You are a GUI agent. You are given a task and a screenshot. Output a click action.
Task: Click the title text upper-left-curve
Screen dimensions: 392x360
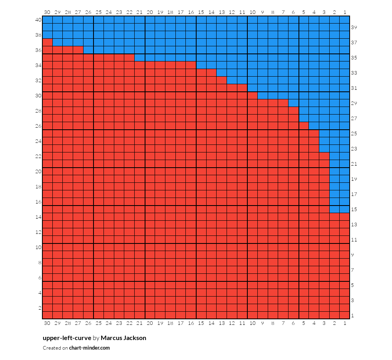[x=67, y=338]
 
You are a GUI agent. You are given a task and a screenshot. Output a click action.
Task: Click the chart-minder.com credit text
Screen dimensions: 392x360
[x=90, y=348]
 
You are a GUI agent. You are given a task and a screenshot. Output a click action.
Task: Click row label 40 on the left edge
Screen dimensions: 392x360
[x=38, y=20]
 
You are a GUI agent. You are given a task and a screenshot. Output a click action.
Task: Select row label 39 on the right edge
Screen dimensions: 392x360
[x=354, y=28]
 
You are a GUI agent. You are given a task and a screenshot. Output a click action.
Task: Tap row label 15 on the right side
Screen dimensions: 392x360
[x=354, y=210]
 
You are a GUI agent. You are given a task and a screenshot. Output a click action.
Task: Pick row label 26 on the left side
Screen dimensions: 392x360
[x=38, y=126]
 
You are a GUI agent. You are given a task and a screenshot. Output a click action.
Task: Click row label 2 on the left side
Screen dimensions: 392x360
[x=40, y=308]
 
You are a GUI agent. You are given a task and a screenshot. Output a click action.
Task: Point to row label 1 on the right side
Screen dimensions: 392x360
[x=352, y=316]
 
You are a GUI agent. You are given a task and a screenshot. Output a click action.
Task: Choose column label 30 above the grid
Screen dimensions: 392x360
[x=47, y=12]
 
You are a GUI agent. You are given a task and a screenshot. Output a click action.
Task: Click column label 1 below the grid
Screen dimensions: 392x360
[x=345, y=323]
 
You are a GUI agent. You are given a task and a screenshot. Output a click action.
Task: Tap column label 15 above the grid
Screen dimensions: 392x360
[x=201, y=12]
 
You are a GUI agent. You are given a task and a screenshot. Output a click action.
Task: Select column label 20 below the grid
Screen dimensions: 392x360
[x=150, y=323]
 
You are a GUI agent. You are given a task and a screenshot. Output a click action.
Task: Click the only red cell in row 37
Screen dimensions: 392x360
[x=48, y=42]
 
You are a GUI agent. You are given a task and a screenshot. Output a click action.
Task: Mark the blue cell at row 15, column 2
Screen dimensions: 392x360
[x=334, y=209]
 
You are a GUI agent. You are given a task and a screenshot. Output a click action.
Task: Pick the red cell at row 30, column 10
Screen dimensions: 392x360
[x=252, y=96]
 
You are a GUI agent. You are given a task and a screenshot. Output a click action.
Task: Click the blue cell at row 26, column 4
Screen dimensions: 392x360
[x=314, y=126]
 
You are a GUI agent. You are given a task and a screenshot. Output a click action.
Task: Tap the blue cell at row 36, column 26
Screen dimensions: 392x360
[x=88, y=50]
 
